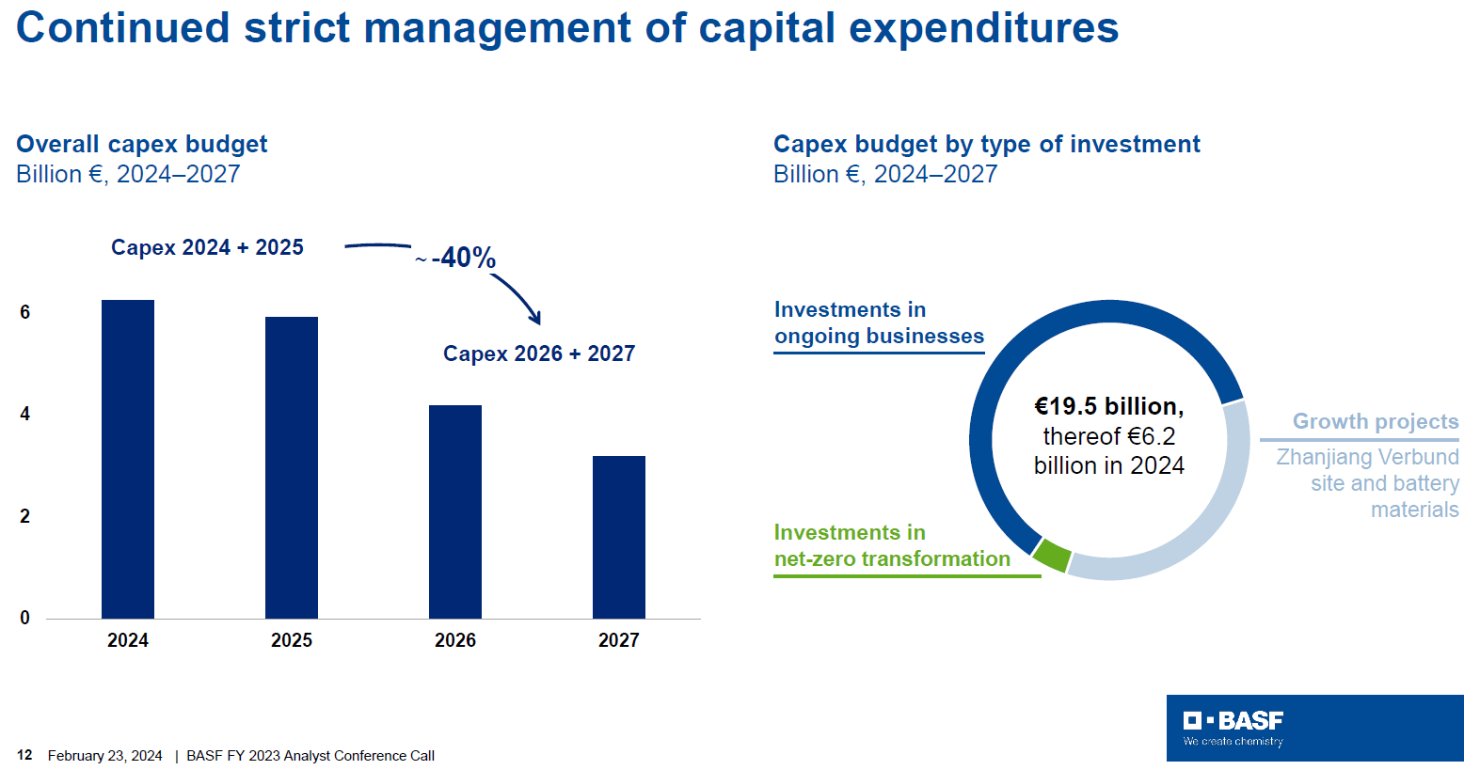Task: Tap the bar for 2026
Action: coord(455,511)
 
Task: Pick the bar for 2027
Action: coord(619,537)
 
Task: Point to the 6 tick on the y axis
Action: coord(25,312)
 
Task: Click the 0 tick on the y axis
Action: coord(25,618)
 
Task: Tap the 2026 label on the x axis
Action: coord(455,640)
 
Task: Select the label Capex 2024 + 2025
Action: coord(207,247)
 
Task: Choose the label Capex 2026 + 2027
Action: coord(539,354)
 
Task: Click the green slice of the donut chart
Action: coord(1052,557)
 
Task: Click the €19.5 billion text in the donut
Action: coord(1108,406)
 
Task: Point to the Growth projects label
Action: coord(1375,421)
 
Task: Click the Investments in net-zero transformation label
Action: coord(891,545)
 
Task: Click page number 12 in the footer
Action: coord(24,755)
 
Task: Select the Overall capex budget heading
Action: coord(142,144)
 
